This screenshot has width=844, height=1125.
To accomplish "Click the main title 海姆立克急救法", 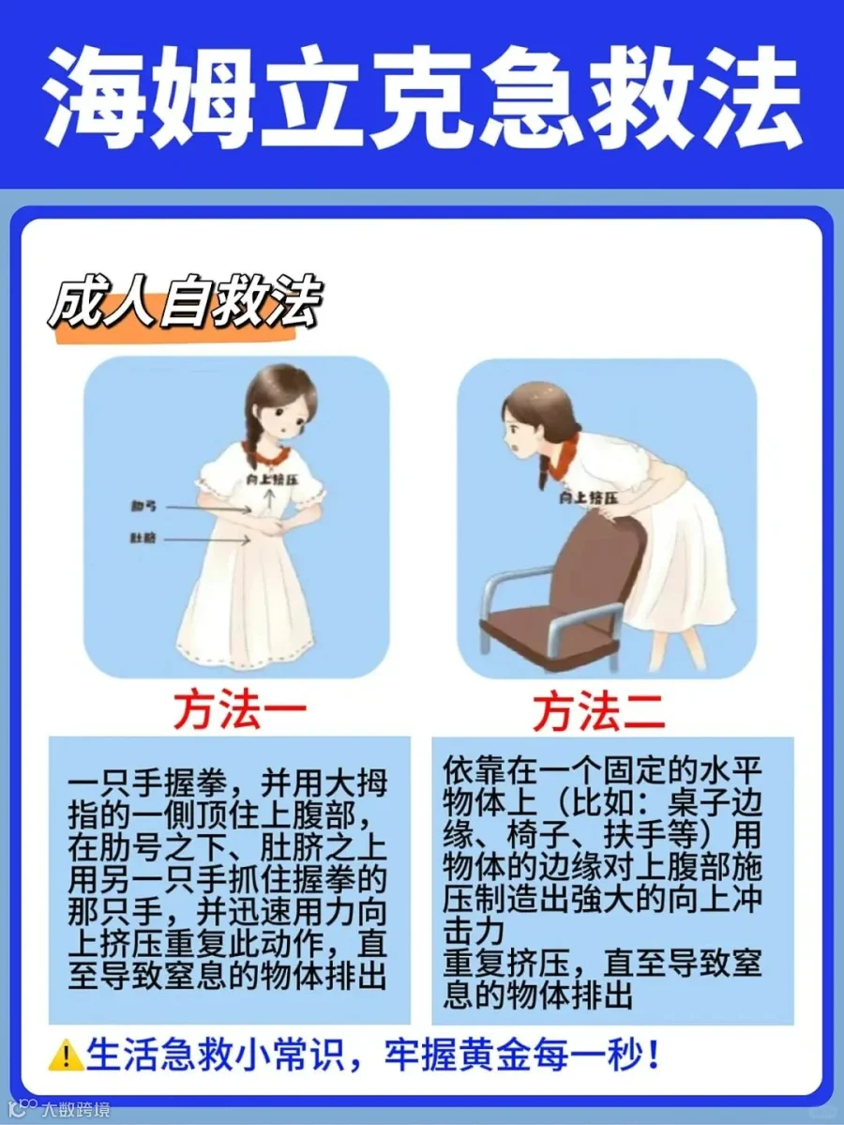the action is [422, 97].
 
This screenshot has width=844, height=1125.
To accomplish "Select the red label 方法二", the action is [598, 711].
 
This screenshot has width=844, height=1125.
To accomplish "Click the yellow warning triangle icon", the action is [66, 1056].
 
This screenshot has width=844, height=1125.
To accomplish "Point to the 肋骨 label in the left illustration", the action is [143, 507].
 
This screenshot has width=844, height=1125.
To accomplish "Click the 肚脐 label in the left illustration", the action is [143, 538].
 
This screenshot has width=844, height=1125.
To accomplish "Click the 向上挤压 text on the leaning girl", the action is [588, 496].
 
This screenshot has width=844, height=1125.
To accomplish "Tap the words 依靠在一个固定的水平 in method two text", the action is [601, 771].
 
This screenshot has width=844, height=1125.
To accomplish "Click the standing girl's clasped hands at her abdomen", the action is [273, 532].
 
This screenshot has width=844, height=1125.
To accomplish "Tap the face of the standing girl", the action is [284, 419].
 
